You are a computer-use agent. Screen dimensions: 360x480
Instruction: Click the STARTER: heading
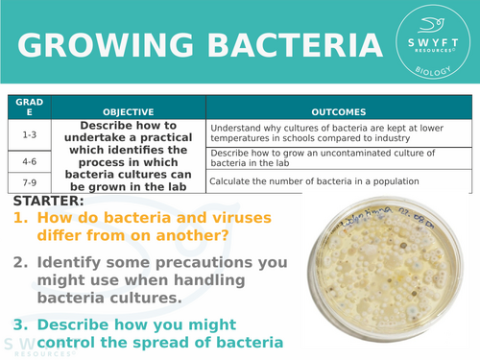point(49,203)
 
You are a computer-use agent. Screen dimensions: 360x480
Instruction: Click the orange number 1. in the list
point(23,219)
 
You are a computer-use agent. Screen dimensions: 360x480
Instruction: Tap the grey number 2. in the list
point(23,262)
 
